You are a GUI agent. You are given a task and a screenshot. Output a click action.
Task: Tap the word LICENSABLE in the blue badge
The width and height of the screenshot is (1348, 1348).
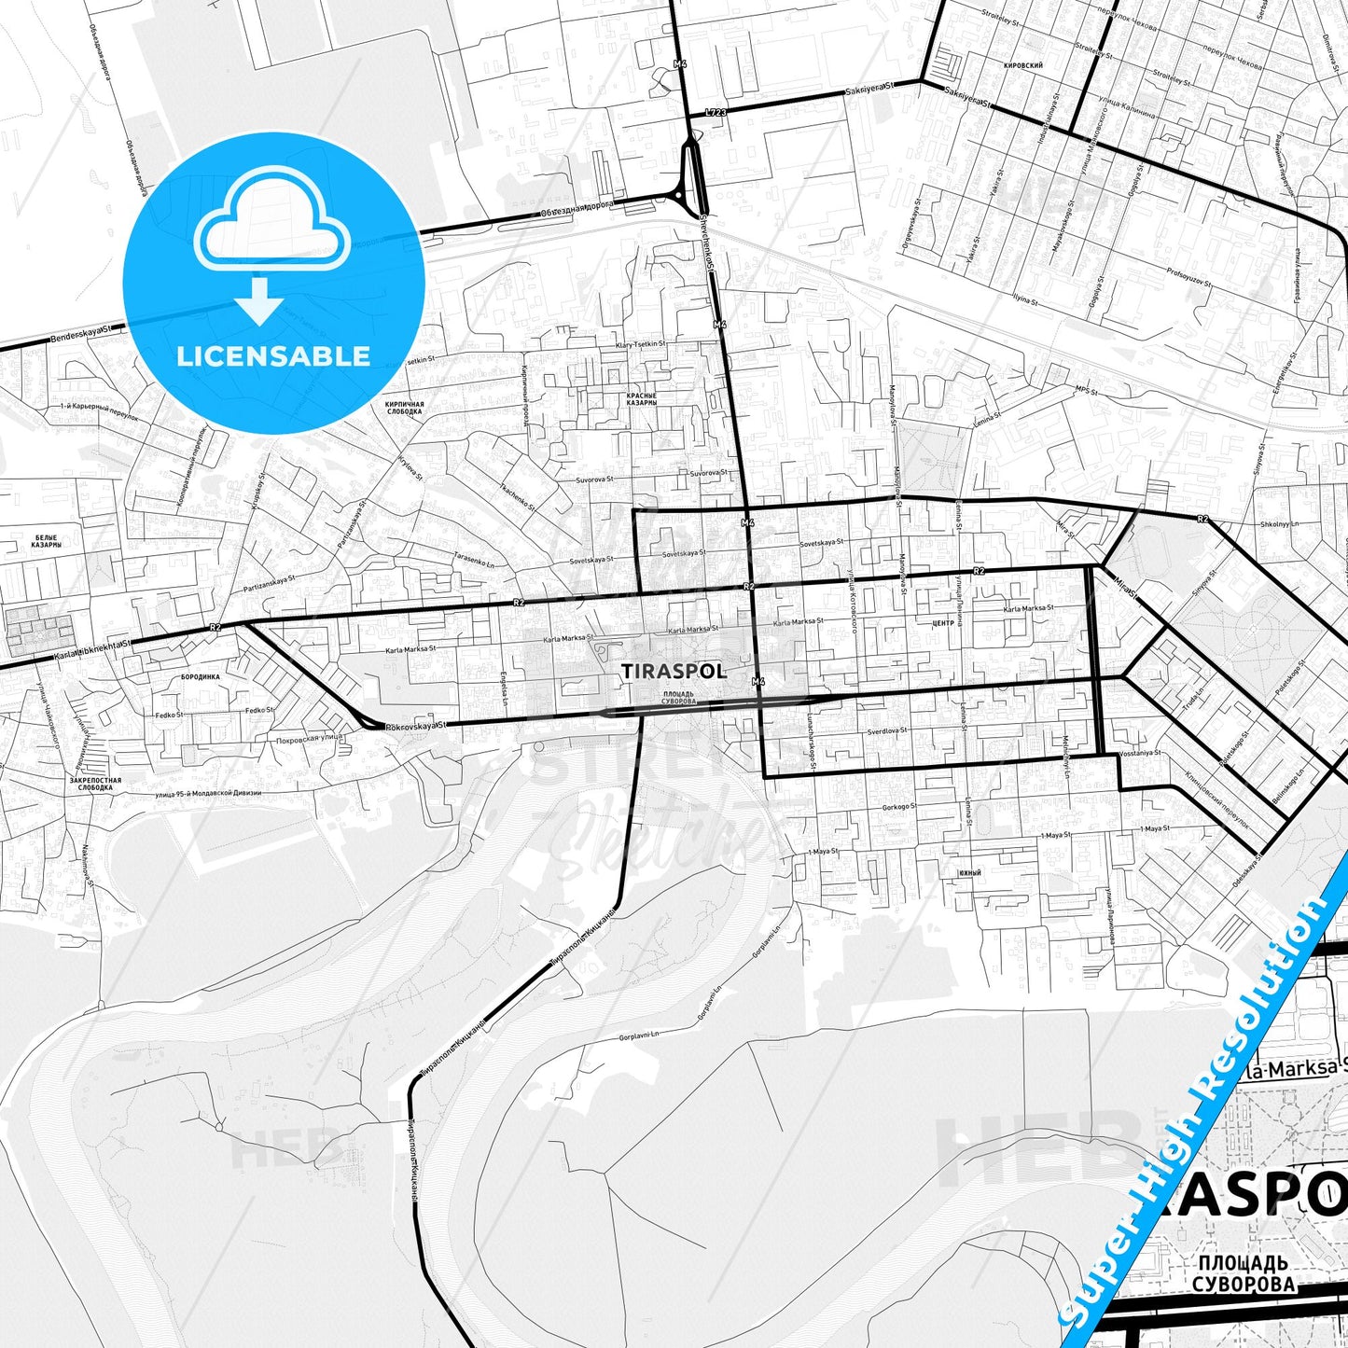[x=273, y=355]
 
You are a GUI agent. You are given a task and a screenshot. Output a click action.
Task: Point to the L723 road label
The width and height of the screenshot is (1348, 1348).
[x=716, y=112]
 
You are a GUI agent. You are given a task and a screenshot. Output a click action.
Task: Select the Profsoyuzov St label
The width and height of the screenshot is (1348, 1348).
[x=1188, y=276]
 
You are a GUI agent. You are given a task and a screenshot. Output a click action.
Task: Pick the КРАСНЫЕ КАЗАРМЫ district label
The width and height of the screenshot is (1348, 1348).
[x=642, y=398]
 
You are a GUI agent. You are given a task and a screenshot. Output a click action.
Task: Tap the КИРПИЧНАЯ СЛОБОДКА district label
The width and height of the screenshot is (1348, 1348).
[x=404, y=408]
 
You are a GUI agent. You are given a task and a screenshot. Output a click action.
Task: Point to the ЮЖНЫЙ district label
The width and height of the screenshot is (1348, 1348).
[x=969, y=872]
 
